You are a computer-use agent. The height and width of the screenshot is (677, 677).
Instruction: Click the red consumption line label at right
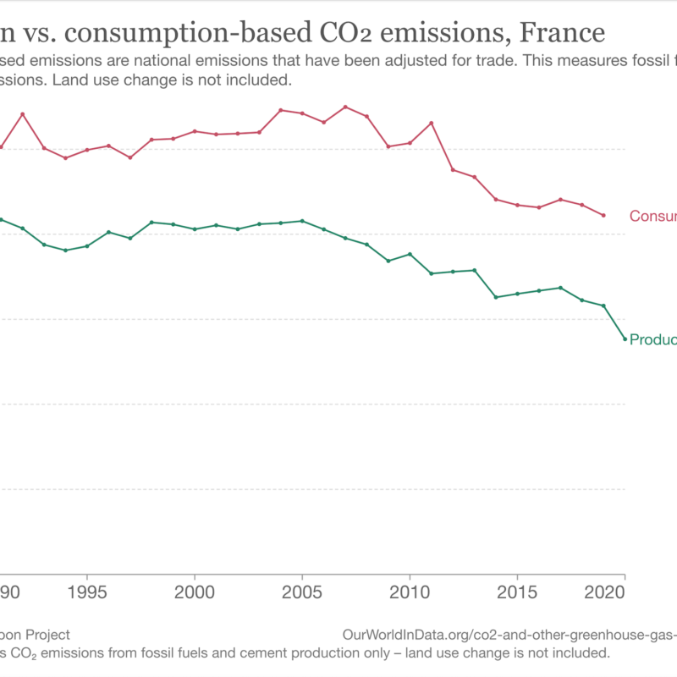pyautogui.click(x=652, y=217)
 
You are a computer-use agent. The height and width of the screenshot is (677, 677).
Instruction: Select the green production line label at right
pyautogui.click(x=652, y=339)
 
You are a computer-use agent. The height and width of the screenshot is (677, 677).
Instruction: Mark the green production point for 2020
pyautogui.click(x=625, y=339)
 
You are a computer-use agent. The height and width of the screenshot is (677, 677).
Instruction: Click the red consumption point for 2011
pyautogui.click(x=432, y=123)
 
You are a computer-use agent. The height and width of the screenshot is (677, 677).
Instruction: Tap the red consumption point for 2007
pyautogui.click(x=345, y=107)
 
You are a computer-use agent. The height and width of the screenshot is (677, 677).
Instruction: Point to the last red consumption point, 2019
pyautogui.click(x=603, y=215)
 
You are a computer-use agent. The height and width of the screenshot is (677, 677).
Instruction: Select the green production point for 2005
pyautogui.click(x=302, y=221)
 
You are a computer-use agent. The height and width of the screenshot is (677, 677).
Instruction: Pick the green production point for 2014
pyautogui.click(x=496, y=297)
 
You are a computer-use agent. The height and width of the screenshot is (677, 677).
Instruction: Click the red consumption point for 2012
pyautogui.click(x=453, y=170)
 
